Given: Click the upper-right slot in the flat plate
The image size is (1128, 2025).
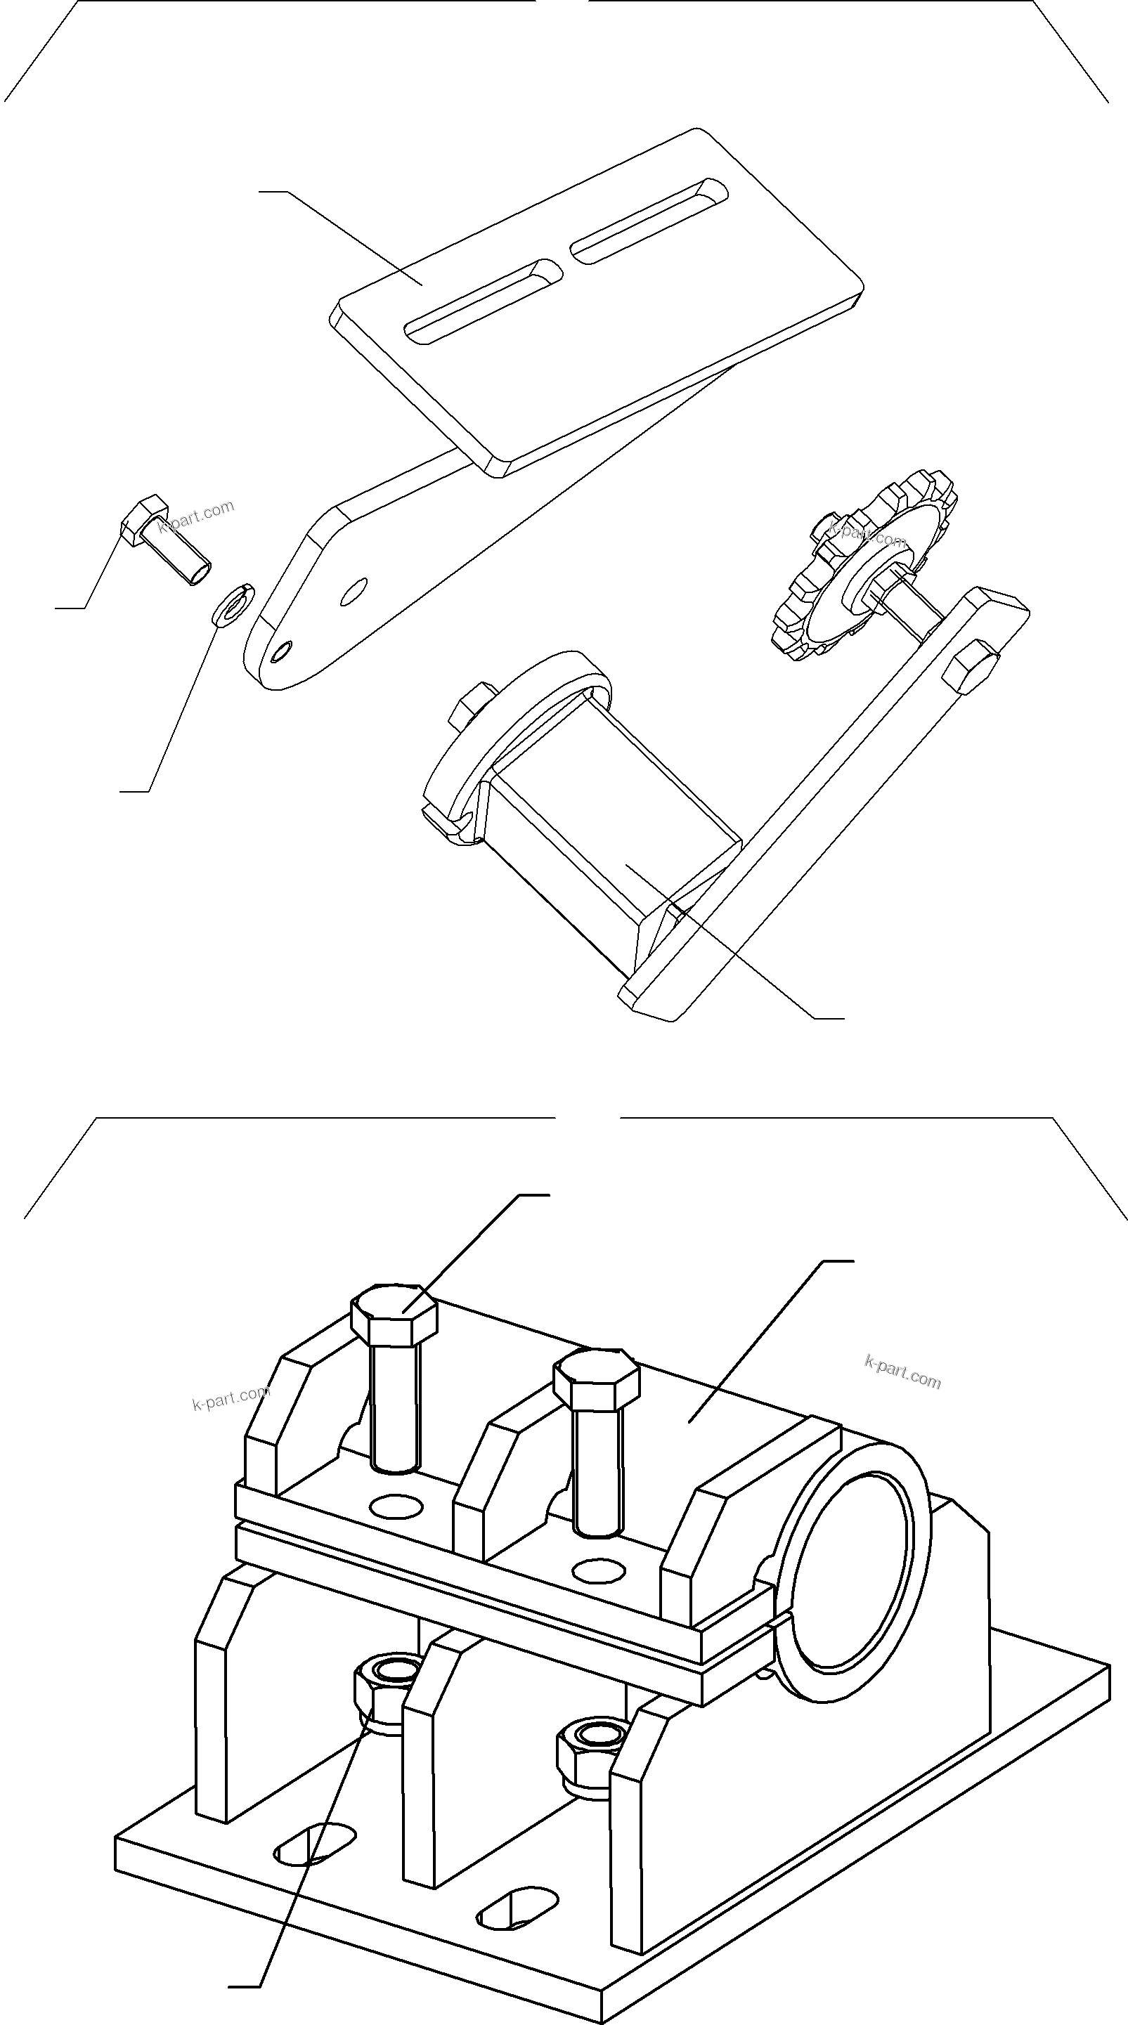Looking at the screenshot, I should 649,221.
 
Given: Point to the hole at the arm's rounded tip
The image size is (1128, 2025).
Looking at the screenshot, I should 280,651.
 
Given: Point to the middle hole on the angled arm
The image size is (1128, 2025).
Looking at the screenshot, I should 354,591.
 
